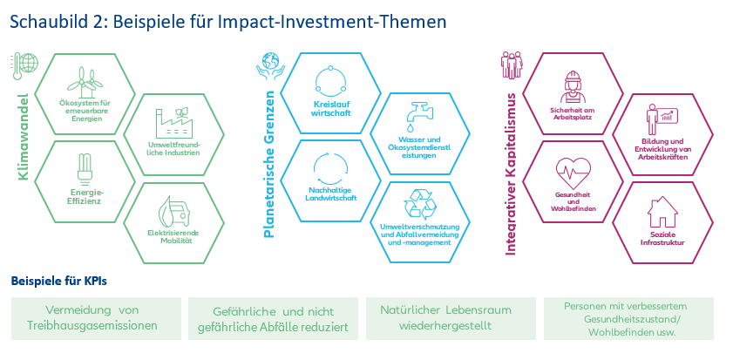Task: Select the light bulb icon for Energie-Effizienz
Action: point(86,165)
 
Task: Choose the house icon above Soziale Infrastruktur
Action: point(660,212)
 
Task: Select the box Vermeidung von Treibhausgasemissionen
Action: point(97,318)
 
